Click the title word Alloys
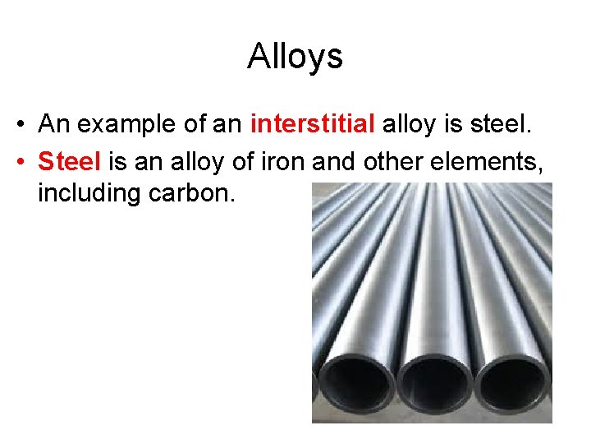tap(295, 56)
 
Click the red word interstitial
tap(313, 124)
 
